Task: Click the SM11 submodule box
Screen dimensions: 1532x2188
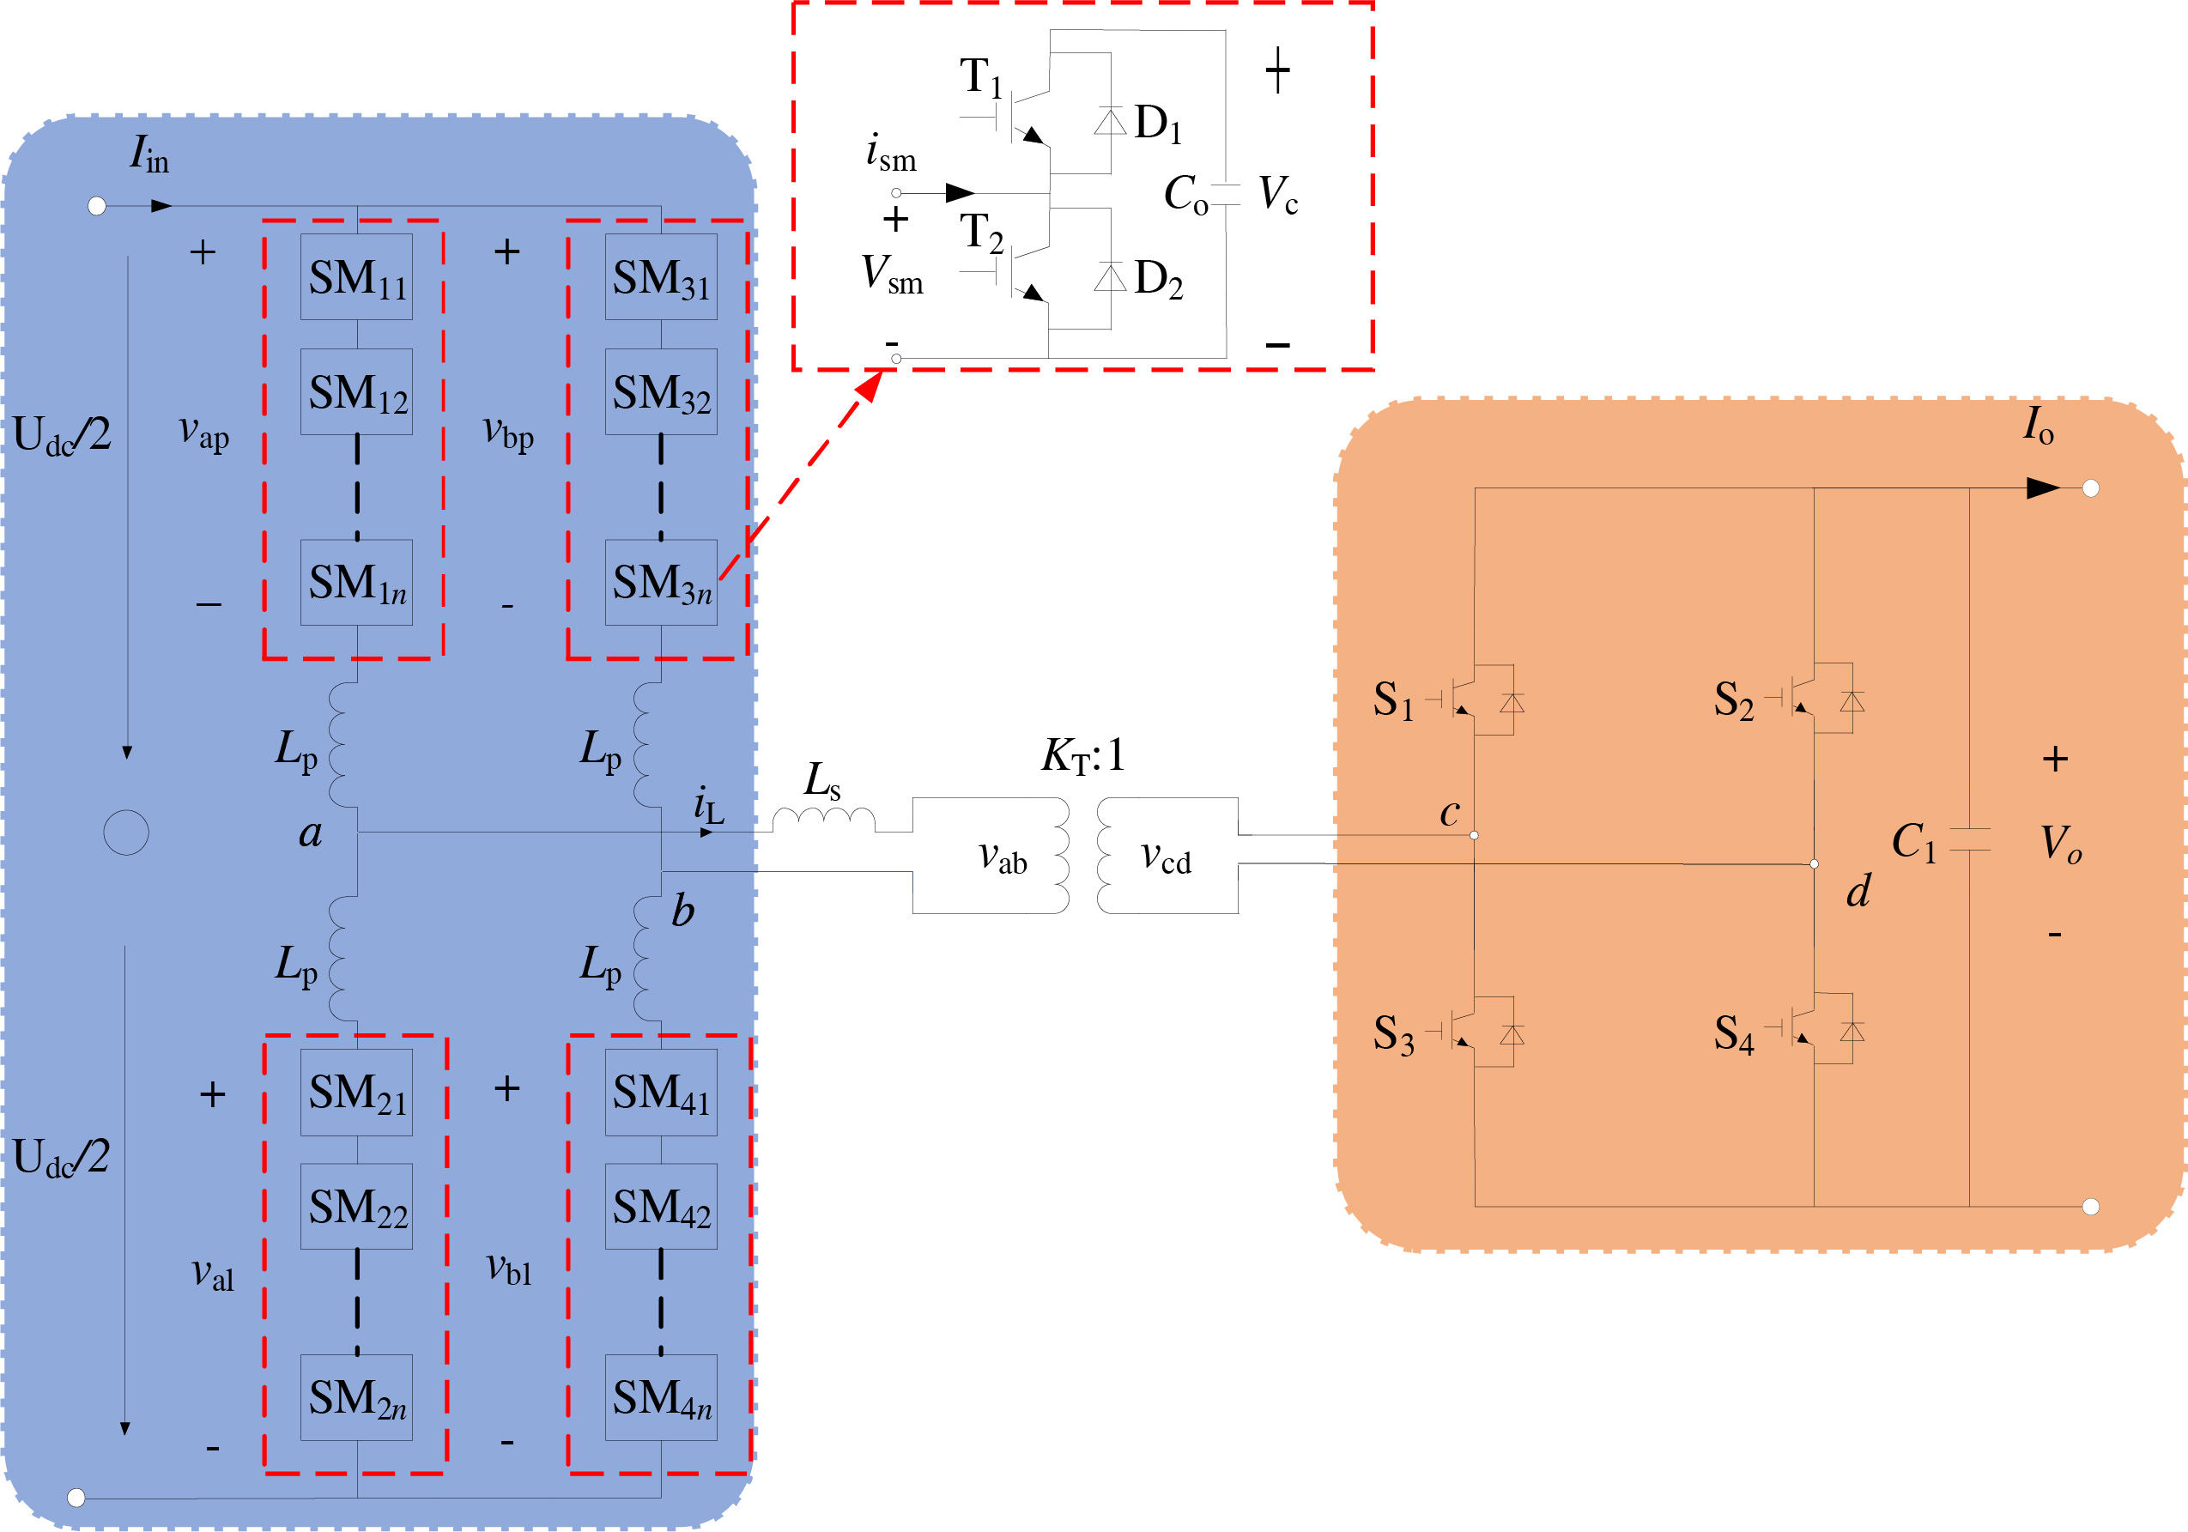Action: click(x=356, y=277)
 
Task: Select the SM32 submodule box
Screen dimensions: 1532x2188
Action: click(x=660, y=391)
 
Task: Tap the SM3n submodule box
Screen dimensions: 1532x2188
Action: click(x=660, y=582)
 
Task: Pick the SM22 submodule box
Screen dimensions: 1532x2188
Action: click(x=356, y=1206)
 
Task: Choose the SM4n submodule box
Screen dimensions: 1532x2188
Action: click(x=660, y=1396)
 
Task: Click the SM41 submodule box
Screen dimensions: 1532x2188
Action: click(x=660, y=1092)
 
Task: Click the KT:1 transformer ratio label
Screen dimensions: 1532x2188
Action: click(x=1082, y=755)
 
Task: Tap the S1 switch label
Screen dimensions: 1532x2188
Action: click(x=1393, y=700)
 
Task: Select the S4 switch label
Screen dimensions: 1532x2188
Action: click(x=1733, y=1033)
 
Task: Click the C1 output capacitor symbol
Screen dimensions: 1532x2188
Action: click(x=1969, y=839)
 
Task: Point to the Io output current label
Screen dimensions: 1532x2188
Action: click(x=2038, y=425)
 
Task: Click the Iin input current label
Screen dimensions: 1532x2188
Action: click(x=149, y=154)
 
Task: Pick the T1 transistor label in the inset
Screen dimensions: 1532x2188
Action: click(x=980, y=76)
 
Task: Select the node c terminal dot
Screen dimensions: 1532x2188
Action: click(x=1474, y=836)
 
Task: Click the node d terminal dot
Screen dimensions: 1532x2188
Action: click(x=1814, y=864)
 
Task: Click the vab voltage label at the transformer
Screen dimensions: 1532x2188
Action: click(x=1003, y=857)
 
